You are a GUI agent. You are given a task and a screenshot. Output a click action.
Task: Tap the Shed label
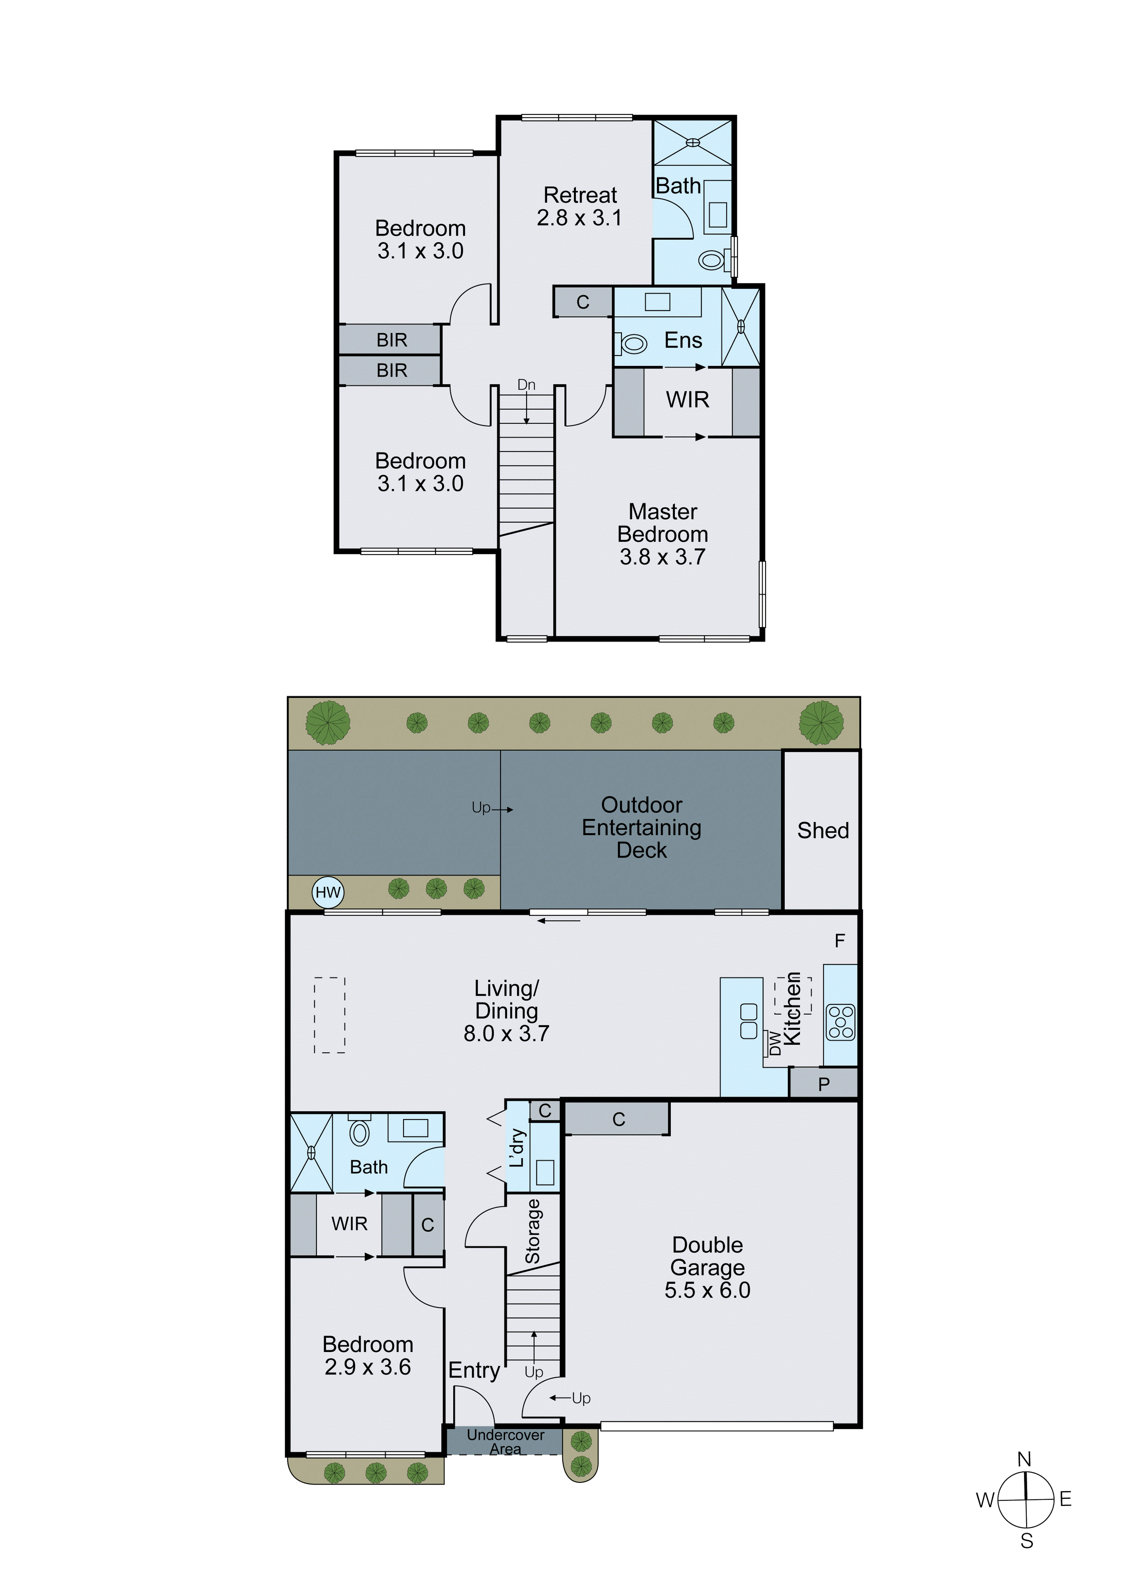(x=822, y=830)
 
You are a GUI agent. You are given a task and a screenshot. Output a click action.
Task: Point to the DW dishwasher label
(x=775, y=1043)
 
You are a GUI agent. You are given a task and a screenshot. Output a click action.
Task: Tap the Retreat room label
(x=580, y=195)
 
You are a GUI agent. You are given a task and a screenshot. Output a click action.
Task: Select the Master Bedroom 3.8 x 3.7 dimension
(x=663, y=557)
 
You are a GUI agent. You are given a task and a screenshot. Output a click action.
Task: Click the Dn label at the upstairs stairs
(x=526, y=385)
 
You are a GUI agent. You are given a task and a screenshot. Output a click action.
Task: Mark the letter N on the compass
(x=1024, y=1459)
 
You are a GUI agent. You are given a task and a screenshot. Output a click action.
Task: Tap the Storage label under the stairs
(x=532, y=1232)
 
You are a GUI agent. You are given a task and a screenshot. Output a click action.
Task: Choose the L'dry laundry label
(x=517, y=1148)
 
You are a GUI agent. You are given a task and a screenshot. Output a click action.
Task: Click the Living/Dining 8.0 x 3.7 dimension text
(x=506, y=1034)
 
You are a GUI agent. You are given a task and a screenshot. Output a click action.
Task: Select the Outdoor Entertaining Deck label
(x=642, y=828)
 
